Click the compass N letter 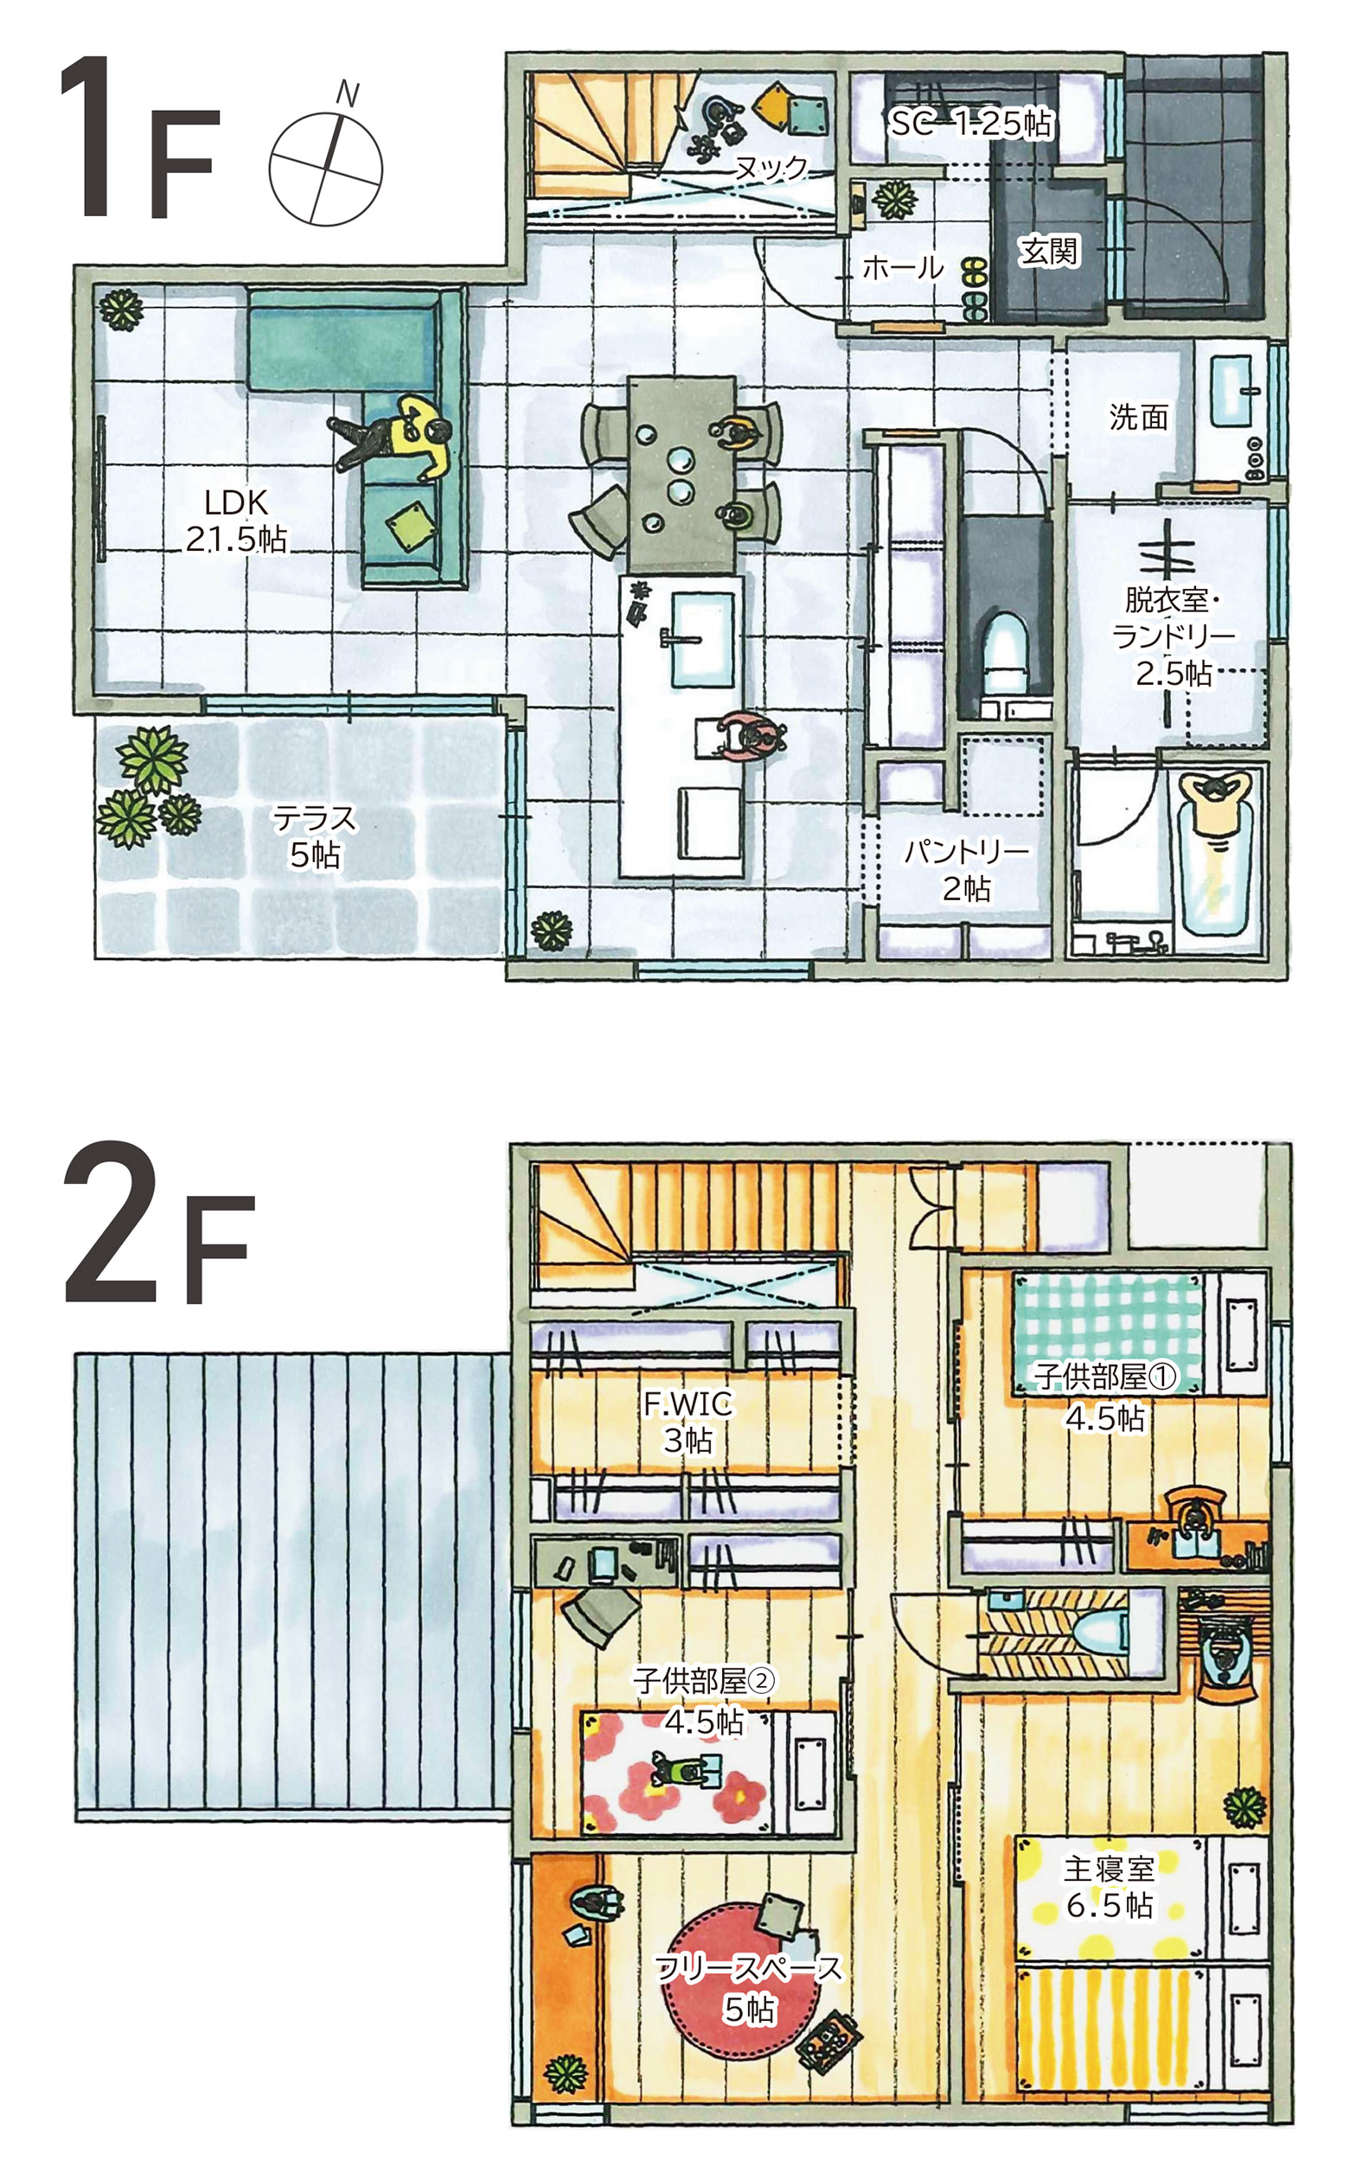(x=347, y=93)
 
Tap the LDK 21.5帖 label (x=236, y=521)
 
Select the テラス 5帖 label (x=315, y=836)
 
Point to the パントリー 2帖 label (x=966, y=869)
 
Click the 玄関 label (x=1049, y=251)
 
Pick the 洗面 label (x=1138, y=417)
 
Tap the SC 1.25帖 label (x=970, y=124)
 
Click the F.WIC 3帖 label (x=688, y=1421)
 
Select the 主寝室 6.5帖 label (x=1109, y=1886)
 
